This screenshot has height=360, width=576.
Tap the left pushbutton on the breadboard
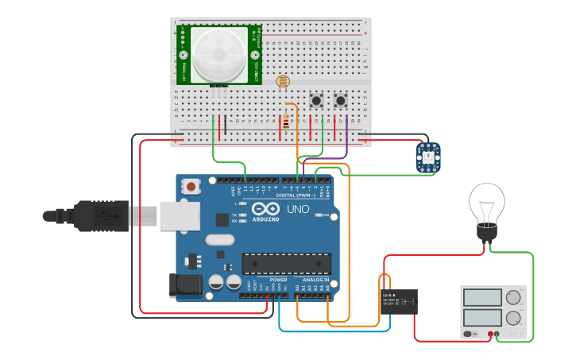[317, 101]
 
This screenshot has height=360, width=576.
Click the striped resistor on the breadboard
[286, 122]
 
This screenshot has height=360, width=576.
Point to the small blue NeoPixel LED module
[428, 157]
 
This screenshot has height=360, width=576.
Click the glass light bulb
[486, 205]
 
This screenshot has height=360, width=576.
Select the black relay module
[399, 302]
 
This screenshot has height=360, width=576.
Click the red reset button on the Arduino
[191, 187]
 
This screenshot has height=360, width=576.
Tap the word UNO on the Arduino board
[297, 210]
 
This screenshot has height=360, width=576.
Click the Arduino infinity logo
[264, 209]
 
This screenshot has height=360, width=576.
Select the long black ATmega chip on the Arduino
[286, 263]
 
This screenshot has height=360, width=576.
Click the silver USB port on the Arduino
[179, 215]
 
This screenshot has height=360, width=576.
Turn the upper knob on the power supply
[513, 298]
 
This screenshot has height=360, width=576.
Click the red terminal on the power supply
[492, 335]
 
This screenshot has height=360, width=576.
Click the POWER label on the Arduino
[278, 280]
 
